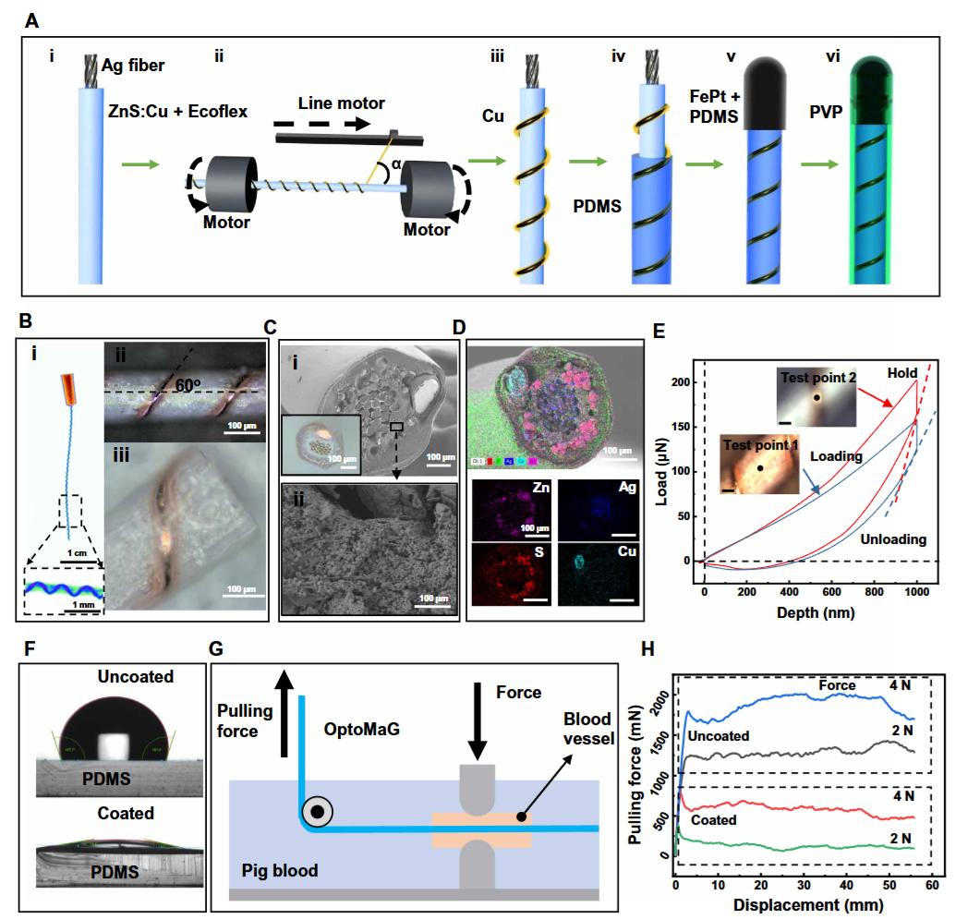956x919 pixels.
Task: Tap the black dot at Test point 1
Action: [x=758, y=468]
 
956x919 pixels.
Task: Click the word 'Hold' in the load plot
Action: [x=902, y=373]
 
